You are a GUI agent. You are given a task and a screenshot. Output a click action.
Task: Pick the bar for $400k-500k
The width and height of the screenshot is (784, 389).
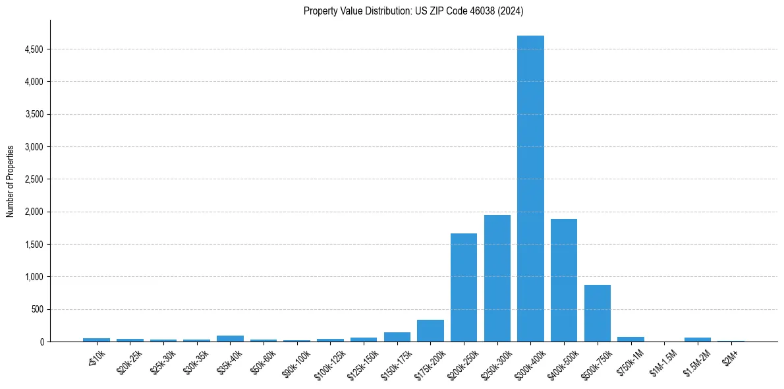point(564,280)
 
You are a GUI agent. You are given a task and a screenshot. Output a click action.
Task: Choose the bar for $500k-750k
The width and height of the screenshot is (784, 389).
point(598,313)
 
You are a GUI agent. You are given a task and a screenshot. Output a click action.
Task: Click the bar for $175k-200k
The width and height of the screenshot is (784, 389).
point(430,331)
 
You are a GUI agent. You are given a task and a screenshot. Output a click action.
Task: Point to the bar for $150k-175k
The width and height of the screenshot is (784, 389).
point(397,337)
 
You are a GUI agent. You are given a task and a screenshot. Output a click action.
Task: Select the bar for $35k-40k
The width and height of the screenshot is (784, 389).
point(230,339)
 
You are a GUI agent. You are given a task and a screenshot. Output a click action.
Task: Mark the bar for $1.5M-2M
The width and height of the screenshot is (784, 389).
point(698,340)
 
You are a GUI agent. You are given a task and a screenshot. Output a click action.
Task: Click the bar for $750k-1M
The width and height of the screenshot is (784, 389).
point(630,340)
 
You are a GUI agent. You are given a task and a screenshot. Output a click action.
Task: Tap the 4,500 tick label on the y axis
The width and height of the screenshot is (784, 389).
point(34,49)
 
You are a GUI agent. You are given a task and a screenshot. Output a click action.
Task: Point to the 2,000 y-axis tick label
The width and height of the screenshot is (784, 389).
point(34,212)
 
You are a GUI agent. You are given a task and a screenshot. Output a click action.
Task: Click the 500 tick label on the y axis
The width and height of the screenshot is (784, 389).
point(37,309)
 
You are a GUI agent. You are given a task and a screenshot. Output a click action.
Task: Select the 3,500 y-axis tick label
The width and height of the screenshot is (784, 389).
point(34,114)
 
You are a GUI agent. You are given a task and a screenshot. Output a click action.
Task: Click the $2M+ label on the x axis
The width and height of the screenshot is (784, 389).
point(730,357)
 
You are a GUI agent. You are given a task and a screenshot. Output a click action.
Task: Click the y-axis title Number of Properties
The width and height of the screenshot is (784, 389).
point(11,181)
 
